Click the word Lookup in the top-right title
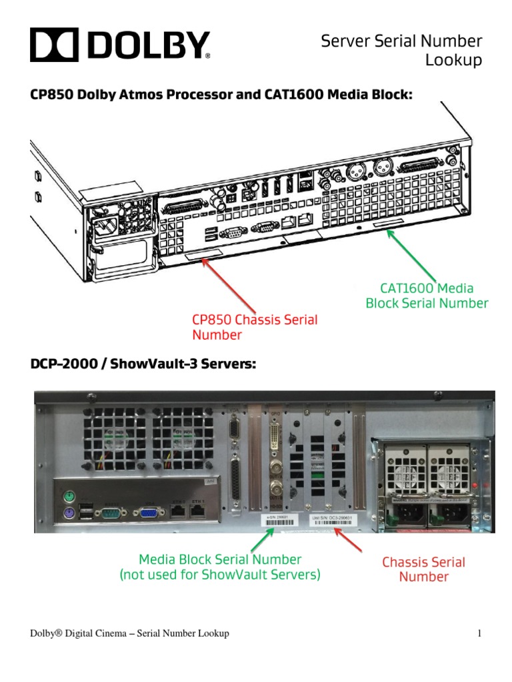(453, 61)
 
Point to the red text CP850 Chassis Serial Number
(255, 327)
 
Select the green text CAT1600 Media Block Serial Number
(427, 296)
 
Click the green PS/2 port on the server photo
(69, 496)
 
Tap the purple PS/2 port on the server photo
(69, 513)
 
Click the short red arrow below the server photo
(349, 540)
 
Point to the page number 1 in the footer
(479, 633)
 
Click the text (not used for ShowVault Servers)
(219, 575)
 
